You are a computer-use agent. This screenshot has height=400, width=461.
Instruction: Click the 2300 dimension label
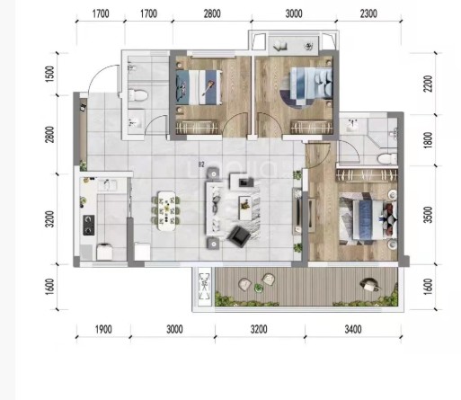368,13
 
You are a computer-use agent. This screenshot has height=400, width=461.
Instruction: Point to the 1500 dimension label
50,74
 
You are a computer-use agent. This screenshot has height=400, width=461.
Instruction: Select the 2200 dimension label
429,84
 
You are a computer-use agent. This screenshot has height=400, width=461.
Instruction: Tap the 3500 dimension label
429,215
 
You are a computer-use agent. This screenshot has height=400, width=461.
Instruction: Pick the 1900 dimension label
103,329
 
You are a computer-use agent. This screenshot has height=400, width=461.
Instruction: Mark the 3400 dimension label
353,329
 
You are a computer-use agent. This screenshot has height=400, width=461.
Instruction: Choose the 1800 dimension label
429,139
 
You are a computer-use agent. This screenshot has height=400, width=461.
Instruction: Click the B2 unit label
201,164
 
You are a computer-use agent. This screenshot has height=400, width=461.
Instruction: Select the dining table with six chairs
166,211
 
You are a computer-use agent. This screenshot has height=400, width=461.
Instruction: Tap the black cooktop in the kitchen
89,225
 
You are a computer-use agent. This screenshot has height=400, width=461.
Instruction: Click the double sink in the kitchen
107,185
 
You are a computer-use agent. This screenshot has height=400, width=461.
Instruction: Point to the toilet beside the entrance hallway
137,96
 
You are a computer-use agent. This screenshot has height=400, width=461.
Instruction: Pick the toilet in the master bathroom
387,159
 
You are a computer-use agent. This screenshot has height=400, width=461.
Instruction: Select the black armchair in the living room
239,236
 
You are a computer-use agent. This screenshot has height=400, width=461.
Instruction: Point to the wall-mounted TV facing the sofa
298,211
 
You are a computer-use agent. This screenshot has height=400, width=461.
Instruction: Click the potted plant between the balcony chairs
258,289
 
